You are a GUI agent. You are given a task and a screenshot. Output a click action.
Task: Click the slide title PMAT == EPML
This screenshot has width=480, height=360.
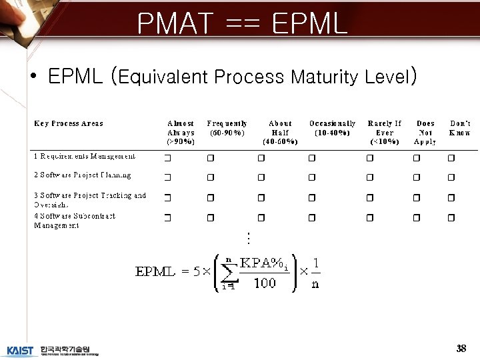click(x=242, y=24)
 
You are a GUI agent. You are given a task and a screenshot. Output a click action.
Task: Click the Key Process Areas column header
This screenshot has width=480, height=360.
click(x=69, y=123)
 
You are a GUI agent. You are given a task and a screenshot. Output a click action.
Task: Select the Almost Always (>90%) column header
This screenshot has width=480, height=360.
click(x=181, y=132)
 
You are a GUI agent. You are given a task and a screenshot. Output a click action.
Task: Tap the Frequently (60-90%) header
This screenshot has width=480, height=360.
click(x=227, y=127)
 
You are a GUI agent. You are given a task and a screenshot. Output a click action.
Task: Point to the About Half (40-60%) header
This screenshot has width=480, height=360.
click(x=280, y=132)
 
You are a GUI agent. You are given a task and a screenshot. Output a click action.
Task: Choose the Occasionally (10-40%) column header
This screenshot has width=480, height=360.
click(x=332, y=127)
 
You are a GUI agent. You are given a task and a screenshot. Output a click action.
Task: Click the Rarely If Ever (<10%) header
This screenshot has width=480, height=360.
click(x=385, y=132)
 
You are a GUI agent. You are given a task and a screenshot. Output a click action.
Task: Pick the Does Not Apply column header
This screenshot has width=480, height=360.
click(x=425, y=132)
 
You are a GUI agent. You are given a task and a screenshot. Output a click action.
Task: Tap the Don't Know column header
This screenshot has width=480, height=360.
click(x=460, y=127)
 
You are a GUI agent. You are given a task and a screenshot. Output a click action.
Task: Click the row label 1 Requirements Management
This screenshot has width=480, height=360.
click(x=85, y=156)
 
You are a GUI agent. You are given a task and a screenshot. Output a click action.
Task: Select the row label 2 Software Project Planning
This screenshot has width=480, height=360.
click(x=83, y=175)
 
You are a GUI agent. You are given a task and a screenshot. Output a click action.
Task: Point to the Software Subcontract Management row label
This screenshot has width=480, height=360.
click(x=75, y=221)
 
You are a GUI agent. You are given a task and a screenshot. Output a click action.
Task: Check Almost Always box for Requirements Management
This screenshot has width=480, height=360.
click(x=168, y=158)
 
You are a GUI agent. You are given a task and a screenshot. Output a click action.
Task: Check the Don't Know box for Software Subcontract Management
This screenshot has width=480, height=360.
click(x=451, y=218)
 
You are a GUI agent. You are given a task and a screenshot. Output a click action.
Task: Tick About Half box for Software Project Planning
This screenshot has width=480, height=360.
click(x=261, y=177)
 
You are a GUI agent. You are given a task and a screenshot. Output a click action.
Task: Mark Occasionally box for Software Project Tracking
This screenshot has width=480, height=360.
click(x=312, y=198)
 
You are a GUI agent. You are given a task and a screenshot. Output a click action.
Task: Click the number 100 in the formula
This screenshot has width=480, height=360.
click(x=264, y=283)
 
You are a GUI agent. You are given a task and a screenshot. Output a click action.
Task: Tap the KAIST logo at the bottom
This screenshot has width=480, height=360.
click(x=20, y=351)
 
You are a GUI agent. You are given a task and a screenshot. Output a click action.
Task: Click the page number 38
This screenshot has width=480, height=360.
click(x=461, y=348)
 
